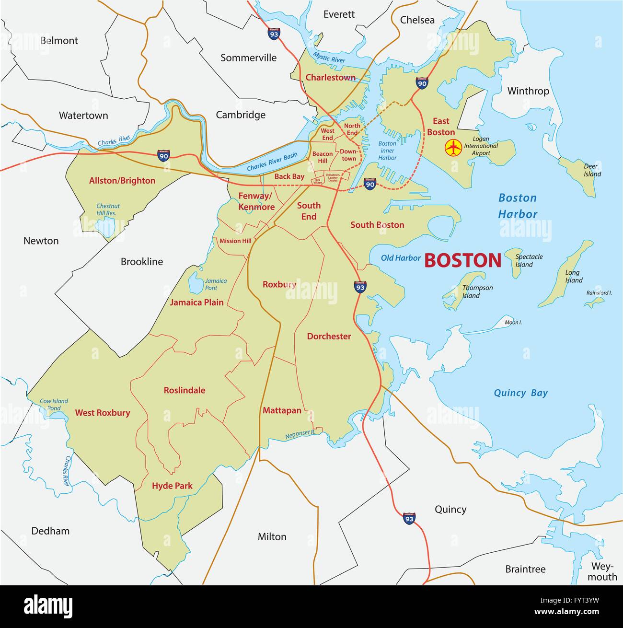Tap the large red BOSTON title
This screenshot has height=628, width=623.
[462, 260]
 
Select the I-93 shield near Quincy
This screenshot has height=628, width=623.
[409, 518]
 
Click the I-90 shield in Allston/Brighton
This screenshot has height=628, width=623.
[163, 155]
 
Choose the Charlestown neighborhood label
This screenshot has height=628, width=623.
[331, 77]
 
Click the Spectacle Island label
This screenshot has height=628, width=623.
[529, 260]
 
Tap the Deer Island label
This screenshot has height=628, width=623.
[592, 170]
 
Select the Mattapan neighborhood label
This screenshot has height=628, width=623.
[282, 410]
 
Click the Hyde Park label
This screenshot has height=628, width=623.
[172, 486]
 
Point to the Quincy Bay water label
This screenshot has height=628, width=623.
[520, 393]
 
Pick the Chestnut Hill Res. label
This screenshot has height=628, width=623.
[108, 209]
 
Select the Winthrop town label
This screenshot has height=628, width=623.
[528, 91]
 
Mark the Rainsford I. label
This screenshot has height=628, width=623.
[599, 292]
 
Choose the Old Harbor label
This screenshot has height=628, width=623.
[401, 258]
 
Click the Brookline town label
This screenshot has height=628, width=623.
[141, 262]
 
